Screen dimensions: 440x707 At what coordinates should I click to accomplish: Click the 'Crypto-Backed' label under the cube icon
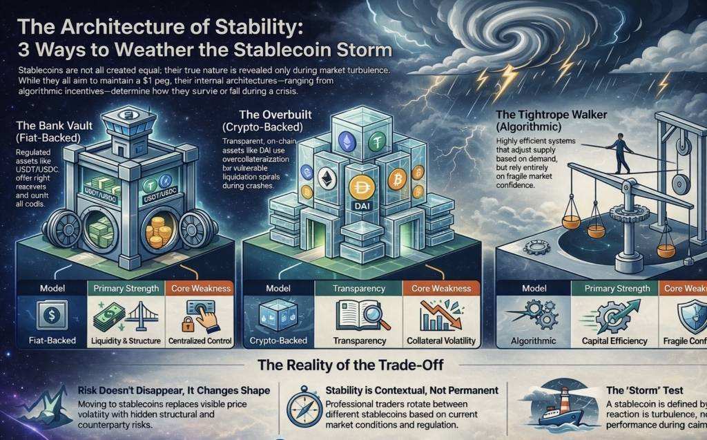pos(279,341)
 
